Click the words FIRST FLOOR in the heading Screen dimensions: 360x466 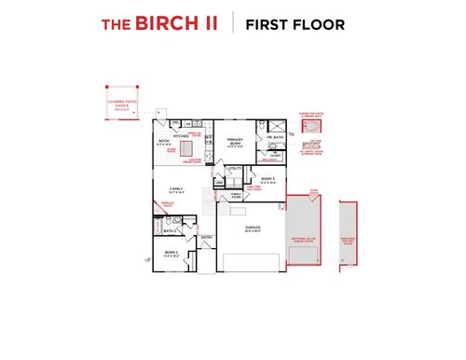295,24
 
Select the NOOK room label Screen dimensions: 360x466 163,142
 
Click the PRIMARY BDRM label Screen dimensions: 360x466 234,142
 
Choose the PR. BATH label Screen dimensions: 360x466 275,137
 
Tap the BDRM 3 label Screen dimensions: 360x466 267,179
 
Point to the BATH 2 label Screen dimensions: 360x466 169,230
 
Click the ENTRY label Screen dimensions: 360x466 207,237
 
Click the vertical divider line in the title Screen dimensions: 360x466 233,24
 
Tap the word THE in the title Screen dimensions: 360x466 116,25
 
